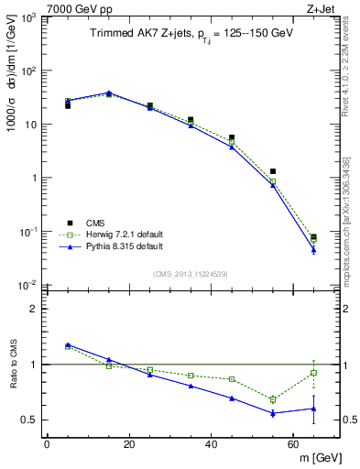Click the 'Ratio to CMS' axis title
coord(12,365)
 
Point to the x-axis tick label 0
coord(47,444)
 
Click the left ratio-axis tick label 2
coord(33,309)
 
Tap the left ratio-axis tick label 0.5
coord(28,420)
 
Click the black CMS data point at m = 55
coord(273,171)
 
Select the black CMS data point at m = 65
coord(313,237)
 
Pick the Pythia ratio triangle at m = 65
coord(313,409)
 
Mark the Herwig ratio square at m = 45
coord(232,379)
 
